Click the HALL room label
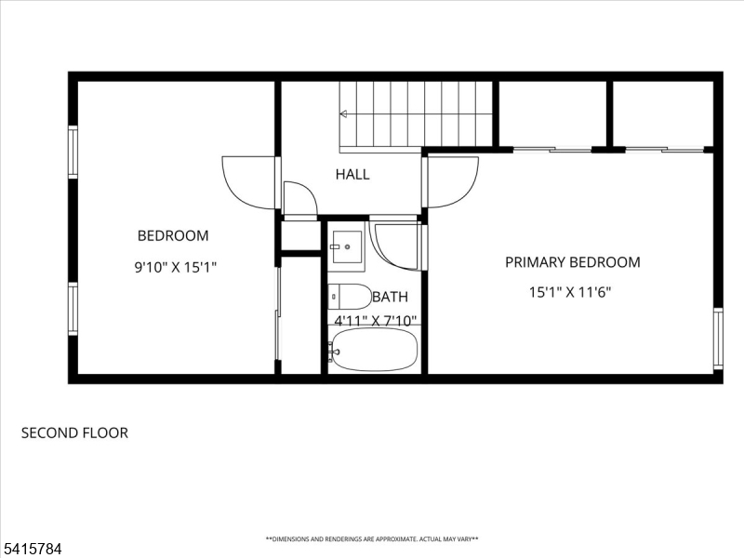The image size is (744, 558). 352,174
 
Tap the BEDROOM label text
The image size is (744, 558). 173,236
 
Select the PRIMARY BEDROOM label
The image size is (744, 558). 572,262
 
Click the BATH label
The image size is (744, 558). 390,298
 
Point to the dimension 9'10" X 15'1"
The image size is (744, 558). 176,267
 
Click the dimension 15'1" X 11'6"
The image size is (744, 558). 570,292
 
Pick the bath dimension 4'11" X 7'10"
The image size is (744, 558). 376,321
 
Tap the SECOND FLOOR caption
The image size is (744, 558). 74,432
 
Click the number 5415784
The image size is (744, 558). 32,549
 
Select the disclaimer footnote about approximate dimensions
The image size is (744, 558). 372,538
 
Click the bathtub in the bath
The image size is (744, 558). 374,350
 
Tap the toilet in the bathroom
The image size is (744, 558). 349,297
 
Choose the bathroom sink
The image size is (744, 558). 348,245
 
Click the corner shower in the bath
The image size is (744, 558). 395,245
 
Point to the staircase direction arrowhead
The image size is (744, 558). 343,114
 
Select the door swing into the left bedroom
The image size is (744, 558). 248,182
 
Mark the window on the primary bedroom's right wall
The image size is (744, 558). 717,339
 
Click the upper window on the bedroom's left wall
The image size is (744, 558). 73,152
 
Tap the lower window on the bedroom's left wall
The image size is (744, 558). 73,309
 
